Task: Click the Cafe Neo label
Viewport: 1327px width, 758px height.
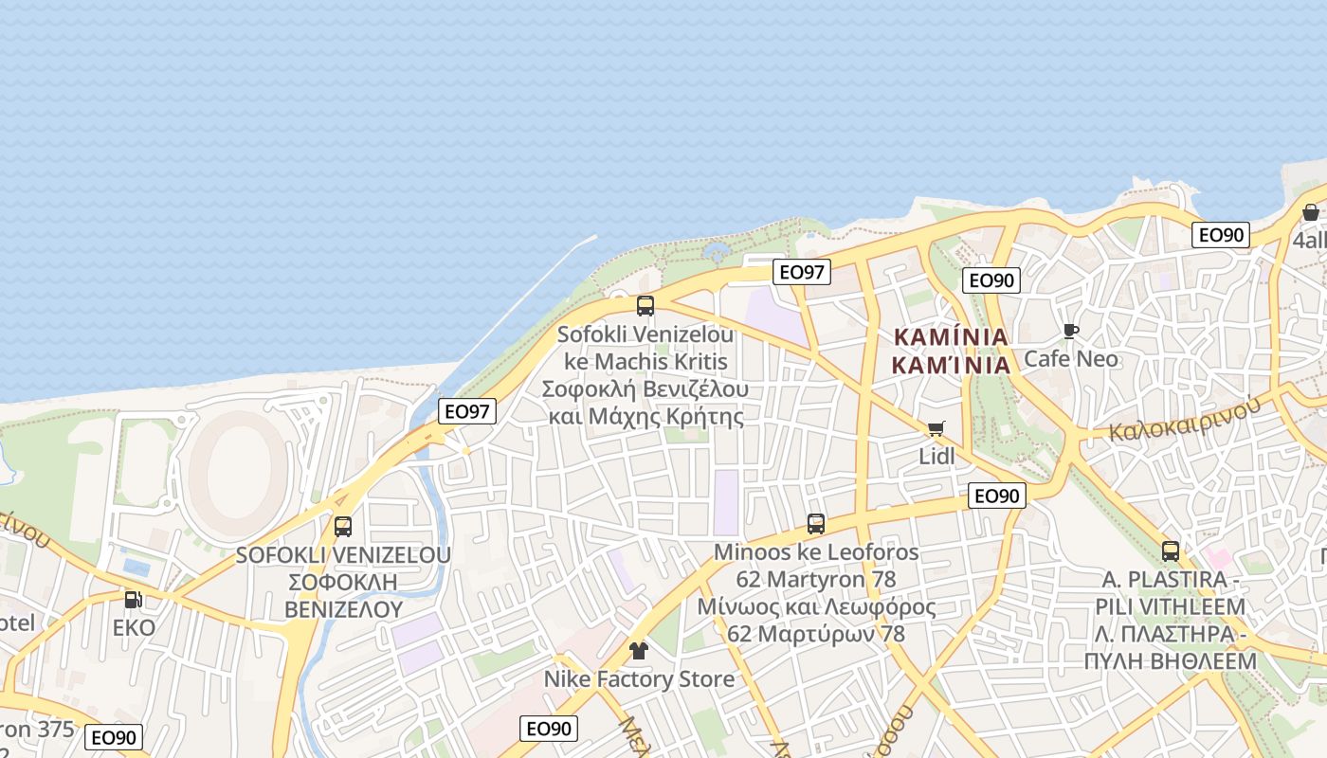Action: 1071,359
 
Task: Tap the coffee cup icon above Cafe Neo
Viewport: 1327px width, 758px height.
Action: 1071,331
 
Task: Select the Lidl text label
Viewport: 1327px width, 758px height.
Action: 936,456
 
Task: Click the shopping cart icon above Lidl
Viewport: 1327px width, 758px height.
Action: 936,429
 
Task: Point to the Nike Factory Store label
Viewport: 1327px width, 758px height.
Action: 639,679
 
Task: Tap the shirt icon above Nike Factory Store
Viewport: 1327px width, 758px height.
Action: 639,651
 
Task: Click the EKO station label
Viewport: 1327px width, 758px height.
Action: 134,628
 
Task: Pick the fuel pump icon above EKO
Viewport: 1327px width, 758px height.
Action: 134,600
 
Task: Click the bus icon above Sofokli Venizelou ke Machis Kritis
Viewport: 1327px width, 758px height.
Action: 645,306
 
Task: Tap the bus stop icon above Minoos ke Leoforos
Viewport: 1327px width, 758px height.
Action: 816,524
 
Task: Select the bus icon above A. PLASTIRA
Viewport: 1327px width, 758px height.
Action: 1171,551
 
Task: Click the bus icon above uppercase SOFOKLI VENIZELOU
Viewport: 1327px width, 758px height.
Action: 343,527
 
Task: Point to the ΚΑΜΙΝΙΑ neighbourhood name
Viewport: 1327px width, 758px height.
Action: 951,351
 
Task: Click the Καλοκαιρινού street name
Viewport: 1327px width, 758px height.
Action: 1184,420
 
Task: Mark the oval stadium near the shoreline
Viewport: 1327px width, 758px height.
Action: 237,464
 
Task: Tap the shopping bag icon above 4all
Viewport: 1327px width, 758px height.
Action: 1311,213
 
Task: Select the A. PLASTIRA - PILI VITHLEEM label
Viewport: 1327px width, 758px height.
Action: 1171,621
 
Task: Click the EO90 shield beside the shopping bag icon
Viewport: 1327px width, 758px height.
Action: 1221,235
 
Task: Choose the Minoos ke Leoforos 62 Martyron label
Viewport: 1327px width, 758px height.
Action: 816,593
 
